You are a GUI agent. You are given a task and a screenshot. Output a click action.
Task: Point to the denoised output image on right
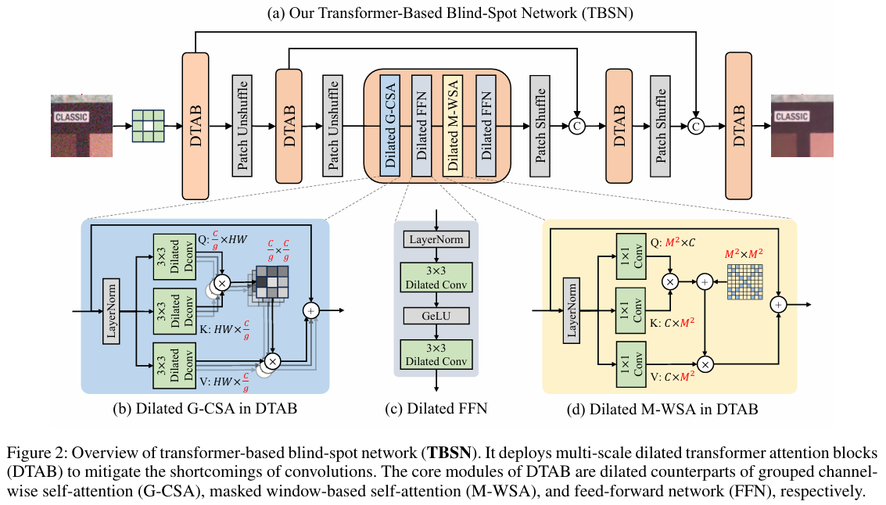tap(800, 125)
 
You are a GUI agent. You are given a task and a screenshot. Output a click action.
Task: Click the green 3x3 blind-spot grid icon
tap(148, 125)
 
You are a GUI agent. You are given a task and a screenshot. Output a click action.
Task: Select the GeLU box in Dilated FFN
tap(435, 316)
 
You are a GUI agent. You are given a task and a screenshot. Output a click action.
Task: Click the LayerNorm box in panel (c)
tap(435, 239)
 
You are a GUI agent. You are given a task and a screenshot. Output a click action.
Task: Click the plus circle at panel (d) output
tap(780, 306)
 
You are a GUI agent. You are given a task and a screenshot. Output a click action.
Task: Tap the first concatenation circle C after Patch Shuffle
tap(577, 126)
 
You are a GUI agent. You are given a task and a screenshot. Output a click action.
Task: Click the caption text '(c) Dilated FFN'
tap(436, 407)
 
